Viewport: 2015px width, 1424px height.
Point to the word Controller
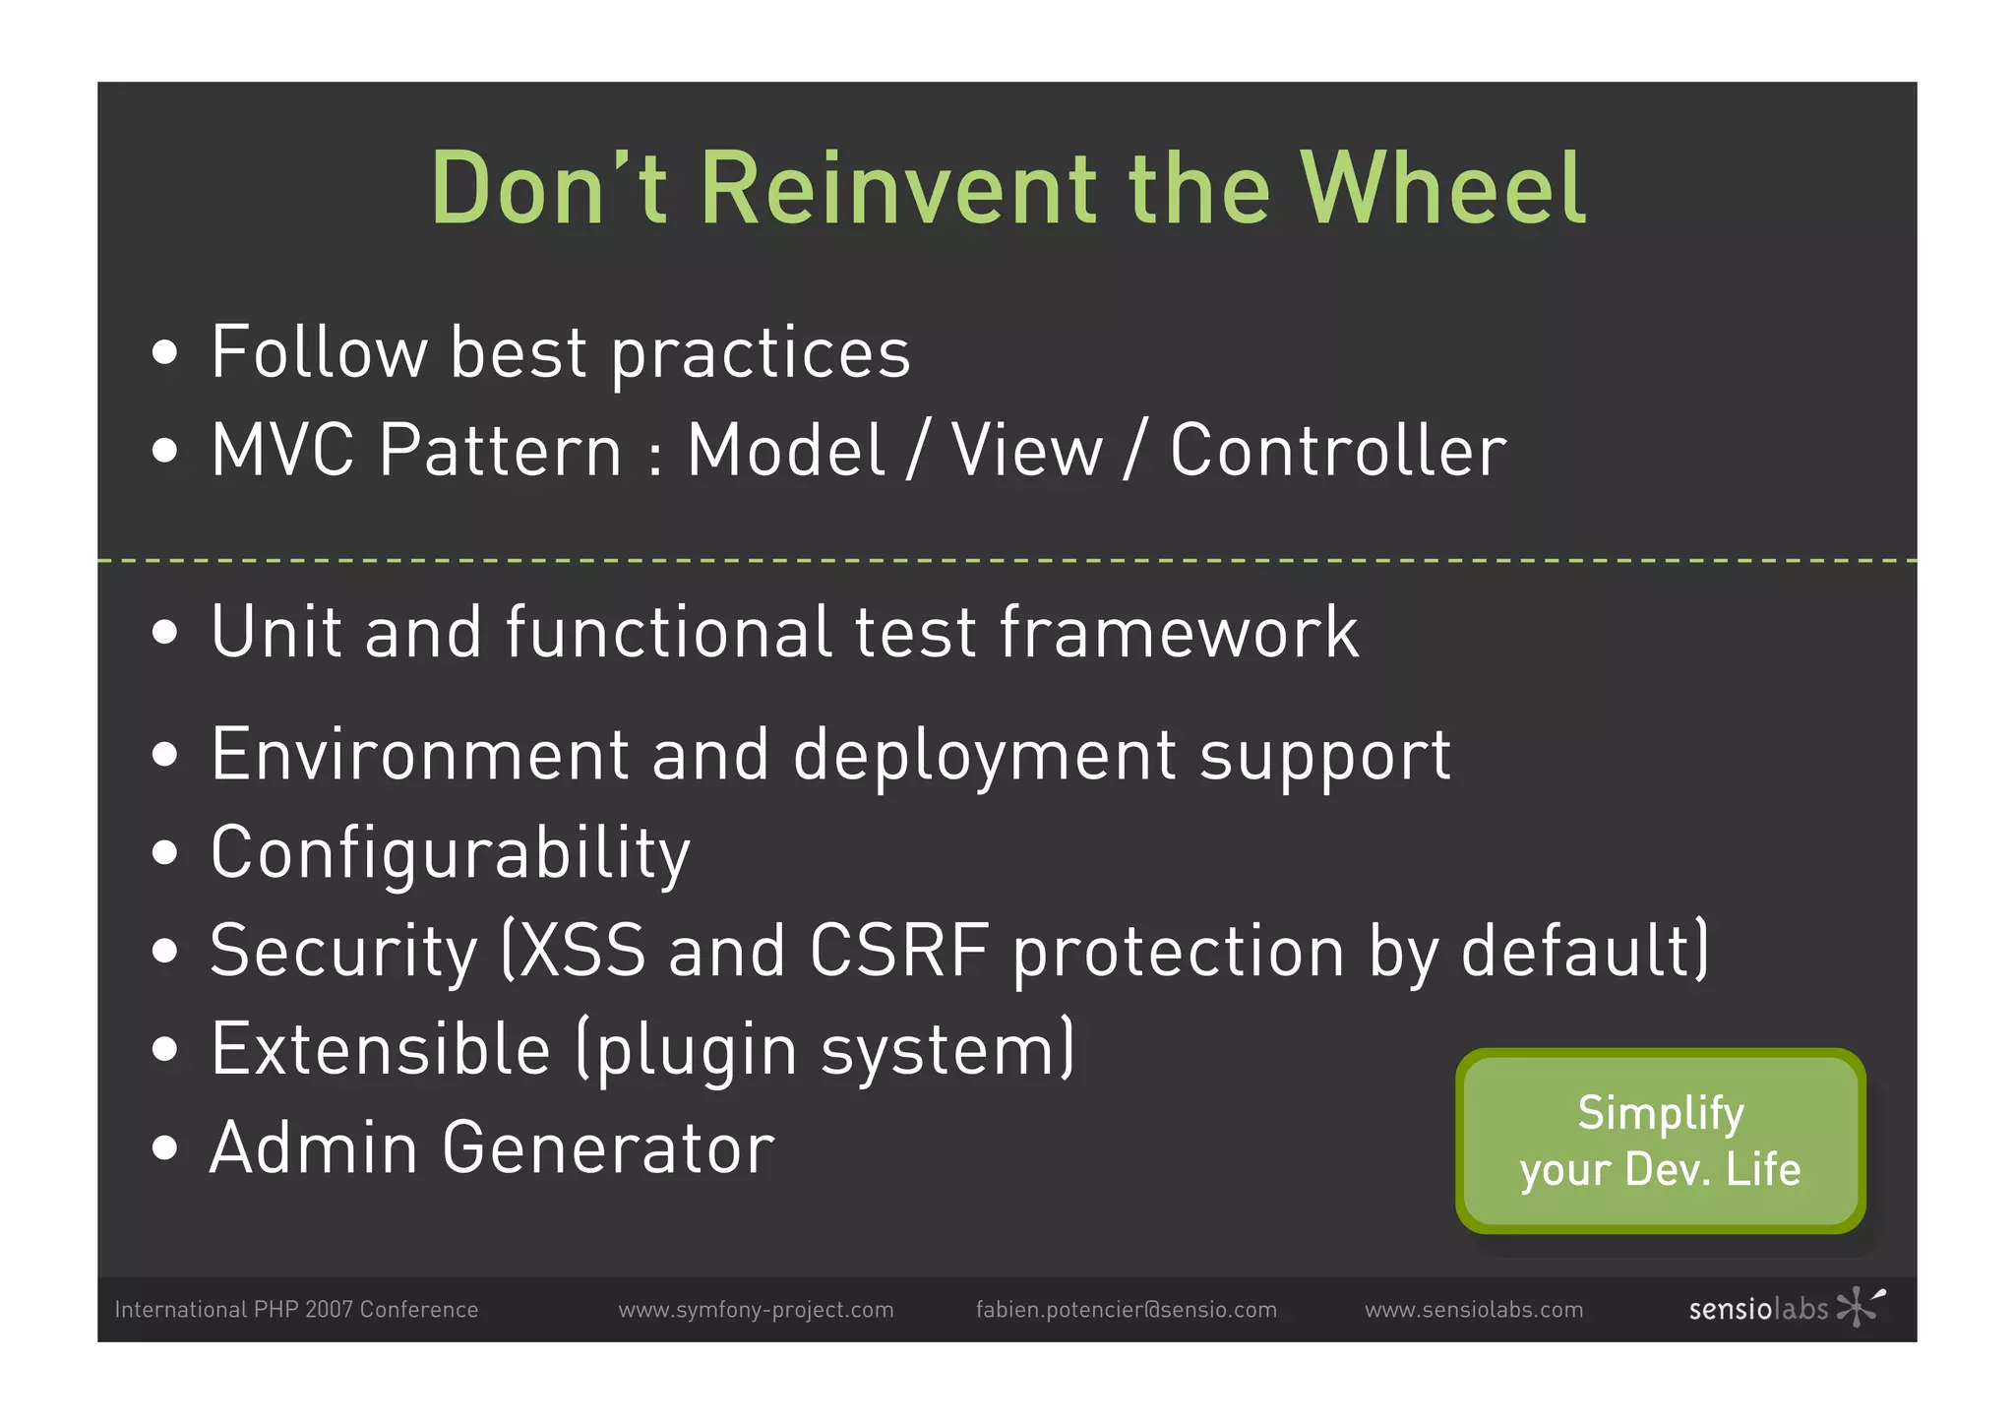pyautogui.click(x=1338, y=451)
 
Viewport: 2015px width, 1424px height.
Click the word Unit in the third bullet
pyautogui.click(x=275, y=632)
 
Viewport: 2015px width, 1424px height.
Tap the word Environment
pyautogui.click(x=419, y=756)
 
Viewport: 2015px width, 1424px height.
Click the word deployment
pyautogui.click(x=984, y=756)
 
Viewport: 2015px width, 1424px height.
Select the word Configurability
pyautogui.click(x=451, y=853)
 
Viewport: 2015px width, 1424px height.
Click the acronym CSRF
pyautogui.click(x=899, y=952)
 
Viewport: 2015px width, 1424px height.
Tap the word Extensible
pyautogui.click(x=380, y=1050)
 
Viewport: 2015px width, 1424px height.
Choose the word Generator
pyautogui.click(x=608, y=1148)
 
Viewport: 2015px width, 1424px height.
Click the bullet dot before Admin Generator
pyautogui.click(x=165, y=1148)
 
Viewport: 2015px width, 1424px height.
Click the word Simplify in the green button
pyautogui.click(x=1660, y=1113)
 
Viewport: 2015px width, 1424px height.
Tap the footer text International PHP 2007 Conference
pyautogui.click(x=296, y=1310)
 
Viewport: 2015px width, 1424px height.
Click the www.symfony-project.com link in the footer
pyautogui.click(x=756, y=1310)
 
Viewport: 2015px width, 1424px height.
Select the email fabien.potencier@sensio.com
pyautogui.click(x=1126, y=1310)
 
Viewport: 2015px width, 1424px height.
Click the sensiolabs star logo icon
pyautogui.click(x=1858, y=1306)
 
